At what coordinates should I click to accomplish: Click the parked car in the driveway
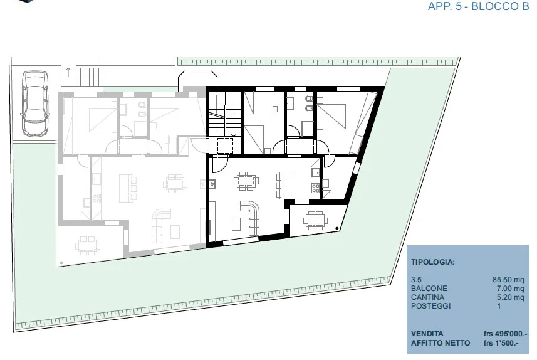click(35, 103)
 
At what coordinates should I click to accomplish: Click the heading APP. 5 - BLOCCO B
click(479, 6)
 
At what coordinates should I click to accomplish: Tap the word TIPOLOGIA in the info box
click(432, 262)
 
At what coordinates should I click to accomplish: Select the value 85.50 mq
click(508, 280)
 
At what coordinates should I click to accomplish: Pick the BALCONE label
click(429, 289)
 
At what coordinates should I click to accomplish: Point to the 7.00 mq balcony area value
click(510, 289)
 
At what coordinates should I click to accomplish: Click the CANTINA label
click(427, 297)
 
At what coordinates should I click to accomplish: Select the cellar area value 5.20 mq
click(510, 297)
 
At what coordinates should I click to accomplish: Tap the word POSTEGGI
click(431, 306)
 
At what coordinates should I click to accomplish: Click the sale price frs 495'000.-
click(506, 334)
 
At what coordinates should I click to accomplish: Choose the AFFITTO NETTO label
click(441, 343)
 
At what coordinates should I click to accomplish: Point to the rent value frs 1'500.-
click(501, 343)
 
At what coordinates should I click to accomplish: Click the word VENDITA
click(427, 334)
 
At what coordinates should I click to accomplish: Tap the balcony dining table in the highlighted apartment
click(315, 221)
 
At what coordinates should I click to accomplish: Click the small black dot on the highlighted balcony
click(337, 228)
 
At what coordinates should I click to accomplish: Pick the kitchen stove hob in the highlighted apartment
click(315, 188)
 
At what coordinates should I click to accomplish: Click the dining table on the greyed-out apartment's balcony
click(88, 245)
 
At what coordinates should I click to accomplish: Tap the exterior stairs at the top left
click(89, 77)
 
